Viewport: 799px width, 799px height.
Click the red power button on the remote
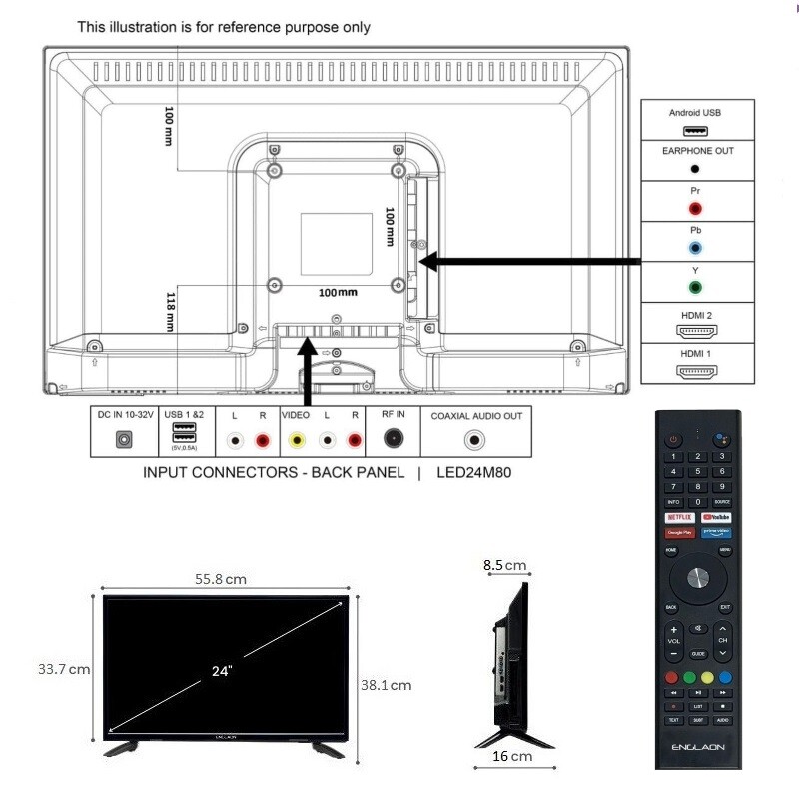673,439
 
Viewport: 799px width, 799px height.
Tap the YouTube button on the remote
715,517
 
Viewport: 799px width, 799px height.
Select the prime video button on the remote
715,533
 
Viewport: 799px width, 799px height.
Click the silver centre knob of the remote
697,578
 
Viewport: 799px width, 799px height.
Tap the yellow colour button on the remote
706,677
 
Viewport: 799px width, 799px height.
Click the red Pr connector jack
694,208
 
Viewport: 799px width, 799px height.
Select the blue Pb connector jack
694,247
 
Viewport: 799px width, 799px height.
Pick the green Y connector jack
694,287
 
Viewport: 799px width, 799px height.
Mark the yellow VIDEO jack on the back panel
295,439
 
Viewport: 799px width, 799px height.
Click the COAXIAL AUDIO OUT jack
475,438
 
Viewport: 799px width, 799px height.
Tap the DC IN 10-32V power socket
125,439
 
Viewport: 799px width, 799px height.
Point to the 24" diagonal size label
223,671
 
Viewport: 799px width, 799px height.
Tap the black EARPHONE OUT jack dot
694,169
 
